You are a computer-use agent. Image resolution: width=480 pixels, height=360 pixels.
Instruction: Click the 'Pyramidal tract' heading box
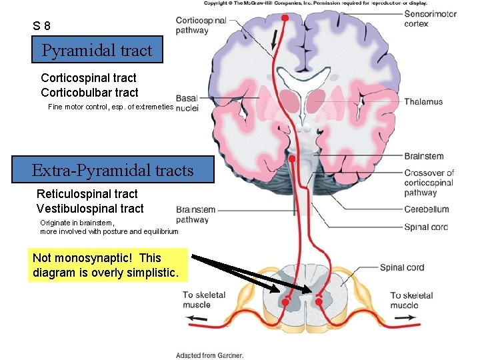coord(97,50)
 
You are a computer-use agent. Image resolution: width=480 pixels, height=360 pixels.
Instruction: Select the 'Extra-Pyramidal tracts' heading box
coord(113,170)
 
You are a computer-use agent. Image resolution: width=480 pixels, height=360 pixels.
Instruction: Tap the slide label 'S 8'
coord(41,27)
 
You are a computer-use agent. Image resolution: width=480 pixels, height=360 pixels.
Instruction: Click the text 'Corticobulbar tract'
coord(89,93)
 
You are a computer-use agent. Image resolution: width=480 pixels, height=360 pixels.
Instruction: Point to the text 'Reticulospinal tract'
coord(87,194)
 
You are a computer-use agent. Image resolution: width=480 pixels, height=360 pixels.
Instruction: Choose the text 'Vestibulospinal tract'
coord(89,209)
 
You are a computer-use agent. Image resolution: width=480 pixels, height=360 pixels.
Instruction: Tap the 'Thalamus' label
coord(423,102)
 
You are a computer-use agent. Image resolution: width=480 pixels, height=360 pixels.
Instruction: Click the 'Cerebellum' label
coord(427,209)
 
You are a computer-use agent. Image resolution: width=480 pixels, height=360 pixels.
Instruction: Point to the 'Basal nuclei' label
coord(187,103)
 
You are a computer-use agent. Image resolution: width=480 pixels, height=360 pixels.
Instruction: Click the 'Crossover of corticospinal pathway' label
coord(429,183)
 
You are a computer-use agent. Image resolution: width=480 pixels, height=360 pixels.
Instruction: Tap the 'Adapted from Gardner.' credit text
coord(209,355)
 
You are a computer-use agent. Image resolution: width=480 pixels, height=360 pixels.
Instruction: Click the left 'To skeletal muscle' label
coord(204,300)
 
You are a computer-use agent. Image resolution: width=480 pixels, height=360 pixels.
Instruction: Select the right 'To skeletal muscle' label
coord(411,300)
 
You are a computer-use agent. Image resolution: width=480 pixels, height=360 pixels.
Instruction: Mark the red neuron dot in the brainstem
coord(294,159)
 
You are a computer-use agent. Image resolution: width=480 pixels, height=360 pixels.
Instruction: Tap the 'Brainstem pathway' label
coord(195,215)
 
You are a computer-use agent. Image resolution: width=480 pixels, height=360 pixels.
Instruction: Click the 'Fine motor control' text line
coord(111,107)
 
